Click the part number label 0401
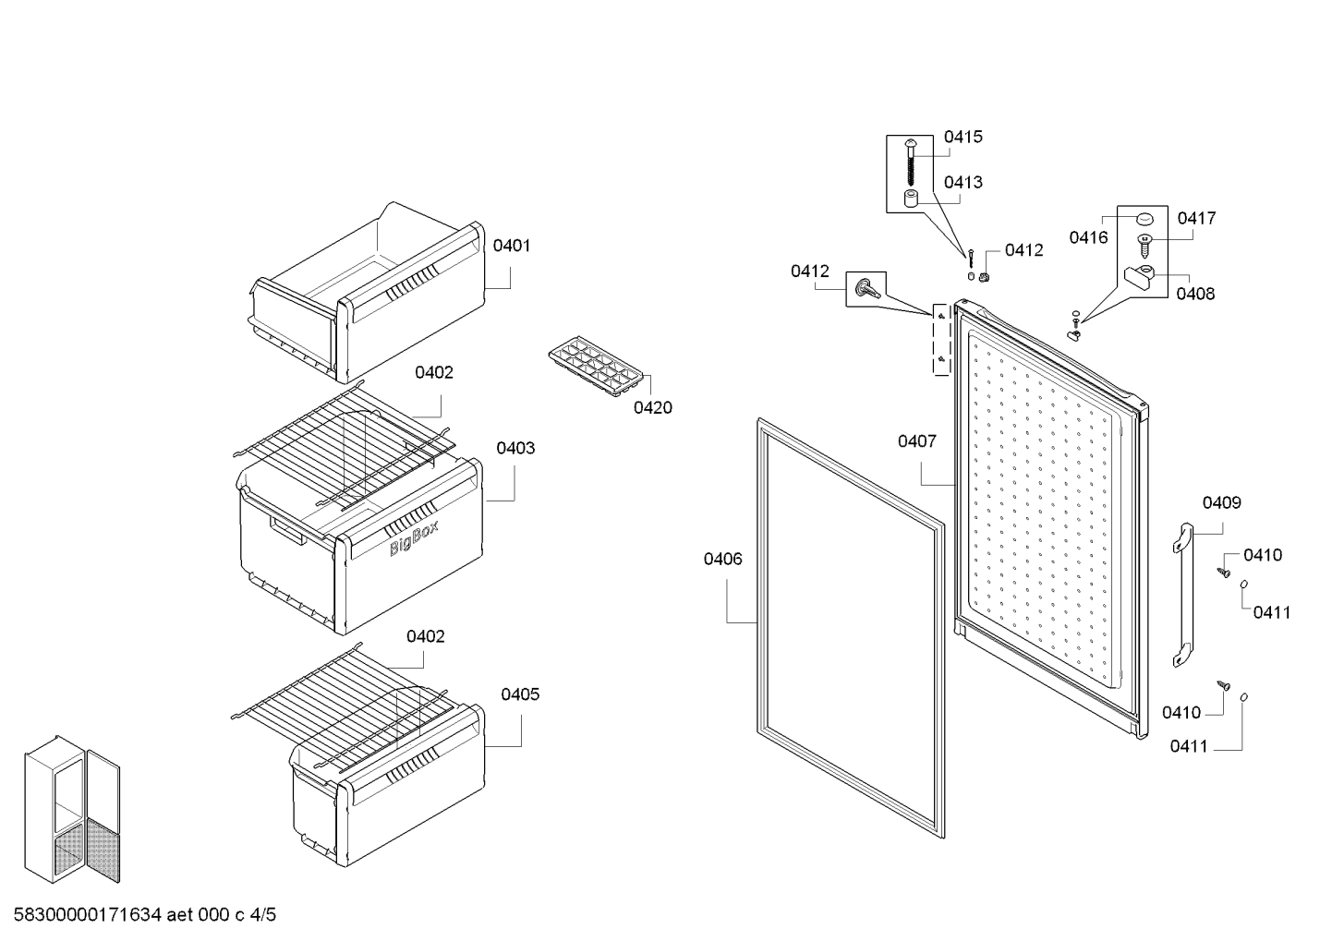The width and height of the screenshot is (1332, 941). [x=512, y=246]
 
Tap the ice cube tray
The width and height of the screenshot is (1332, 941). [x=596, y=366]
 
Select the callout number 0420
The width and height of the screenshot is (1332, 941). [x=652, y=408]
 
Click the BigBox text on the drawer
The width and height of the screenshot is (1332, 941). [x=414, y=538]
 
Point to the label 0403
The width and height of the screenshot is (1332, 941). [x=515, y=448]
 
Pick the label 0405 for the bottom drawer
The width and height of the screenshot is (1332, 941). [x=520, y=694]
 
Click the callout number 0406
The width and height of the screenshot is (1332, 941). [x=722, y=559]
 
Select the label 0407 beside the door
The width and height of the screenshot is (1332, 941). [x=917, y=441]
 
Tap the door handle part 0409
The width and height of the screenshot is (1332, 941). [x=1182, y=595]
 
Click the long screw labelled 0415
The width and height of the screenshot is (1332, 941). [x=911, y=162]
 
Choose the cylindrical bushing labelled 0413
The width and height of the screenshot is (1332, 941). [x=911, y=199]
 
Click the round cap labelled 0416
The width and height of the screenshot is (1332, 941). [x=1144, y=219]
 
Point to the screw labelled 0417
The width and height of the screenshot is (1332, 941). [x=1144, y=245]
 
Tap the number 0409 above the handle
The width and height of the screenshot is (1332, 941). [x=1221, y=503]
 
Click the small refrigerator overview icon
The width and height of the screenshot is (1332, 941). [x=72, y=809]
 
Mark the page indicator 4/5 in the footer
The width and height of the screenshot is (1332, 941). [x=263, y=914]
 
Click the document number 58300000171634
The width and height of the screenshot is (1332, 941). [x=88, y=914]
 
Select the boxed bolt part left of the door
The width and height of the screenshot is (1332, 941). [x=866, y=289]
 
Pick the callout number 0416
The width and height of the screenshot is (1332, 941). [x=1088, y=237]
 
